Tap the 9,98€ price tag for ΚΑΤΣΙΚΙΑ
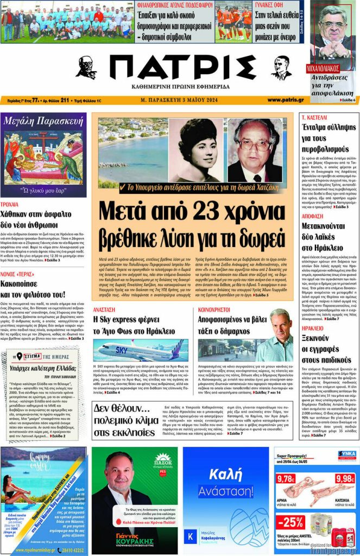pos(345,479)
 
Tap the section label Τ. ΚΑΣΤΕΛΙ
pos(314,117)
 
